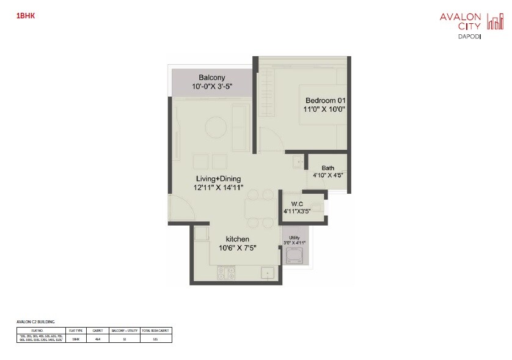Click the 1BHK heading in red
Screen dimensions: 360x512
click(26, 17)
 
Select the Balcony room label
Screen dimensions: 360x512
click(211, 78)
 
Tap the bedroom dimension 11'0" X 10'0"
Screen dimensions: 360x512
click(325, 110)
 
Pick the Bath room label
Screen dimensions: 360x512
click(328, 167)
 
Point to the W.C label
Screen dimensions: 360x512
click(298, 204)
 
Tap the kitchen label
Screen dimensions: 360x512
click(237, 238)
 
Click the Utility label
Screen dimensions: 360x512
click(294, 237)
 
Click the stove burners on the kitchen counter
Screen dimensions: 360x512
click(225, 273)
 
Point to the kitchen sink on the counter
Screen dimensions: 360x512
click(266, 273)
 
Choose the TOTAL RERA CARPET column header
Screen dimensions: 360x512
click(156, 330)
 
